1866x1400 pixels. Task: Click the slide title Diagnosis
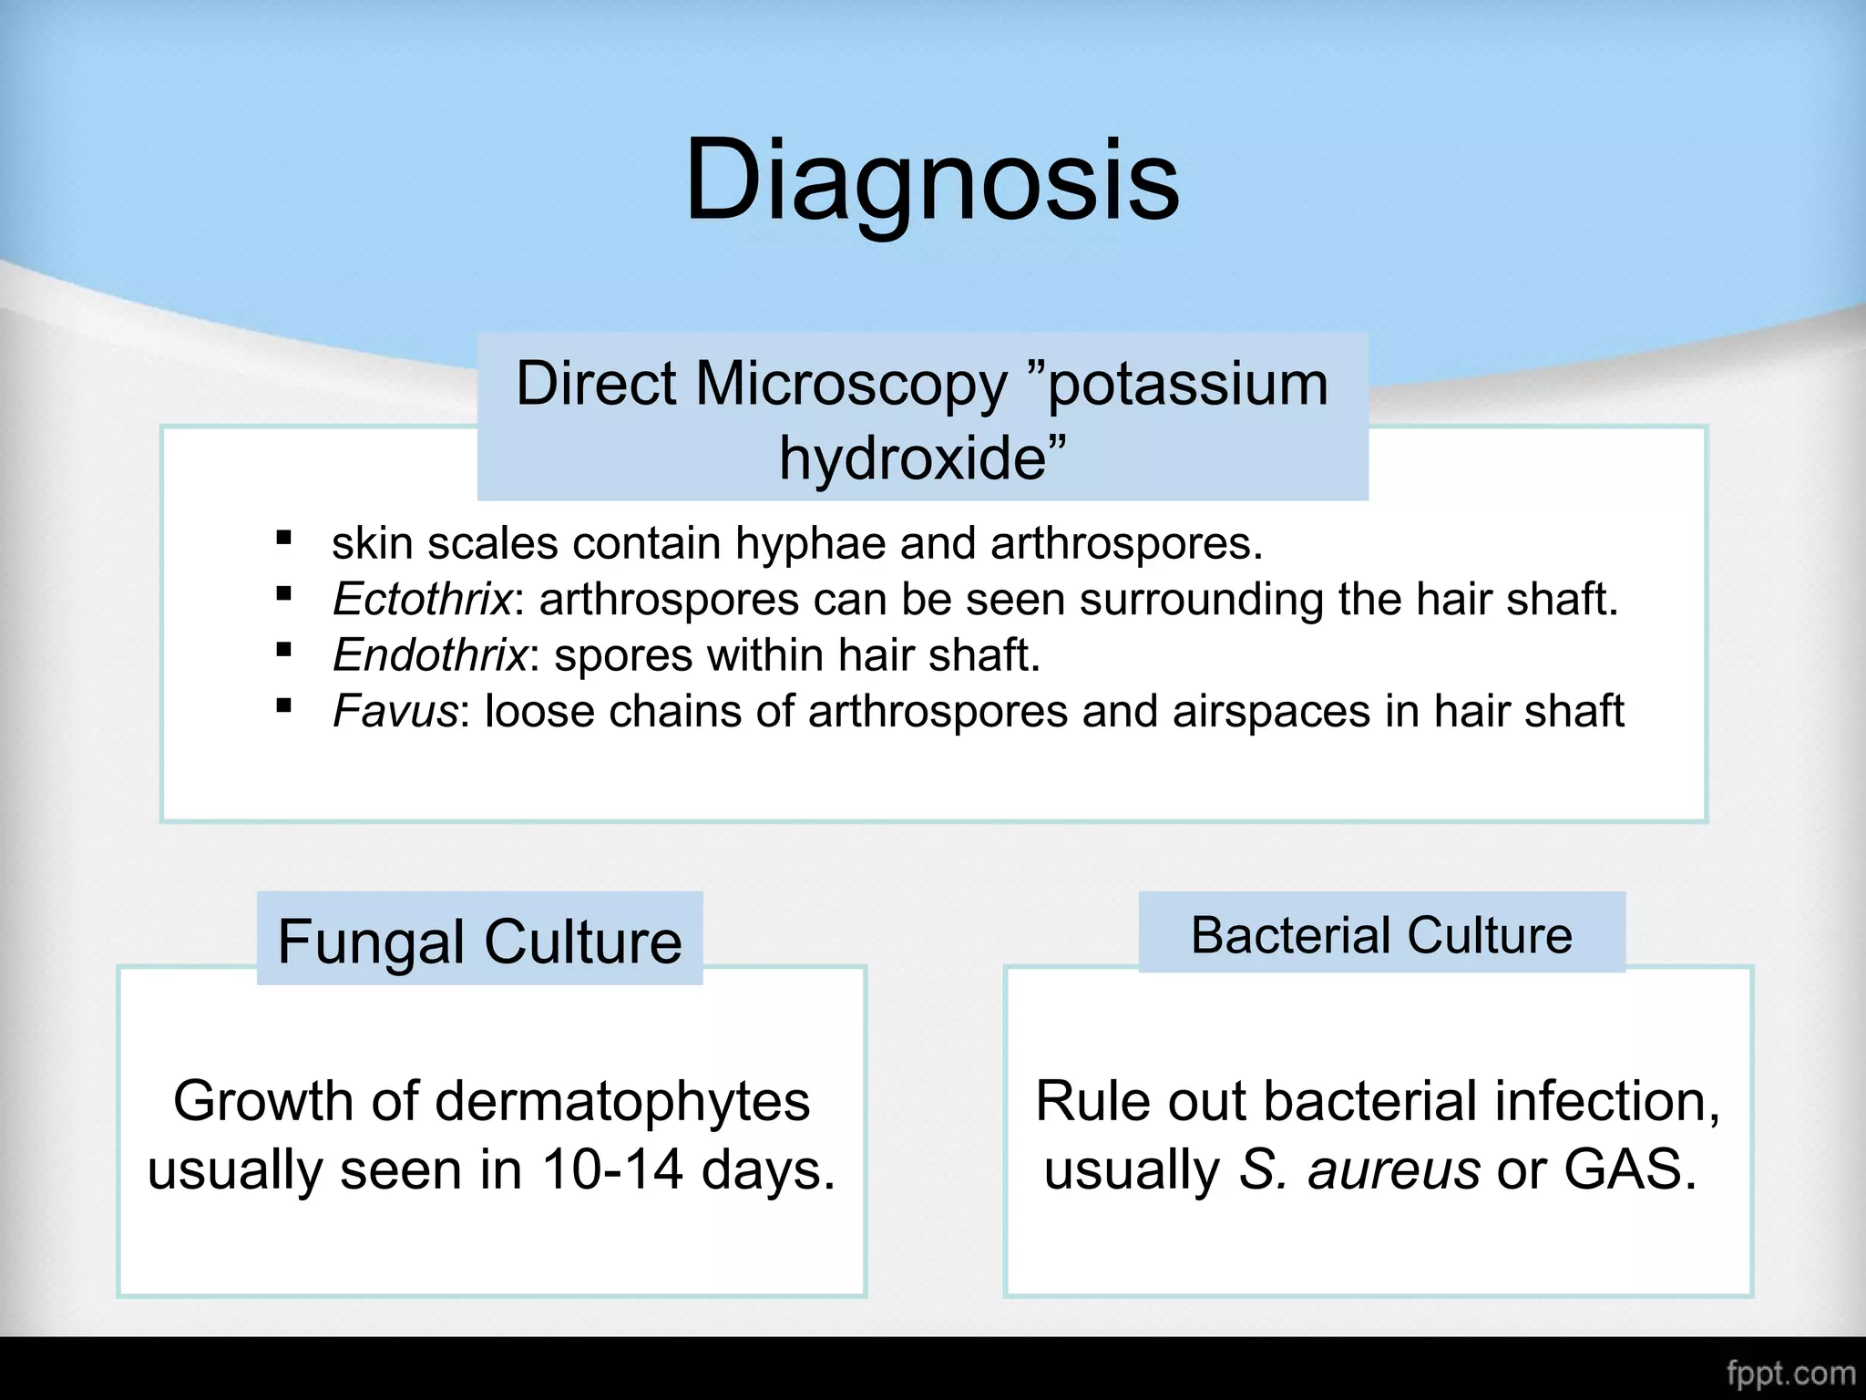931,180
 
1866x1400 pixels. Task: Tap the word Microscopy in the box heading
851,383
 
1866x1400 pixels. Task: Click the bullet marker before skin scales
284,538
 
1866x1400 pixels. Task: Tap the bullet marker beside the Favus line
284,705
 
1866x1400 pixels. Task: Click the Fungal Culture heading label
480,941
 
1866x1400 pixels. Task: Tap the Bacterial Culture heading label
1381,935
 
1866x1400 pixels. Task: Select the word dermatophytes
622,1102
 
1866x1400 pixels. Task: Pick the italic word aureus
1394,1169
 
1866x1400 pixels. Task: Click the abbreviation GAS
1629,1169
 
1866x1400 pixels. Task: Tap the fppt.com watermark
1789,1373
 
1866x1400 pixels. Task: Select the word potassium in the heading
1187,385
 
